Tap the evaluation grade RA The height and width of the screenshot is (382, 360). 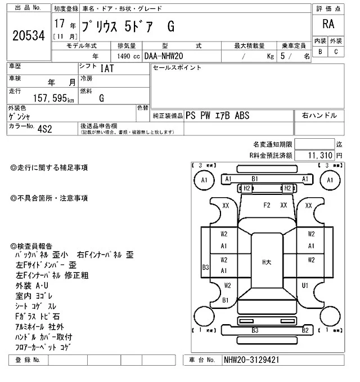pyautogui.click(x=328, y=25)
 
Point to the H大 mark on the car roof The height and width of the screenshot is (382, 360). pyautogui.click(x=267, y=261)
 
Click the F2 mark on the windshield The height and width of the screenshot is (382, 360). pyautogui.click(x=267, y=205)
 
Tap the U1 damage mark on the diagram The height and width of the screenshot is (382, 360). pyautogui.click(x=305, y=285)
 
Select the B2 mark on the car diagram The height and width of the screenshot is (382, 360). pyautogui.click(x=305, y=330)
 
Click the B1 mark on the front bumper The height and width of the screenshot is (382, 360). pyautogui.click(x=254, y=179)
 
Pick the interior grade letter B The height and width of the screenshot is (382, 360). pyautogui.click(x=321, y=52)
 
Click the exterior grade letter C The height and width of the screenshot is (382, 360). pyautogui.click(x=336, y=52)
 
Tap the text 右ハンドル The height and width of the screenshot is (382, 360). pyautogui.click(x=319, y=115)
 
